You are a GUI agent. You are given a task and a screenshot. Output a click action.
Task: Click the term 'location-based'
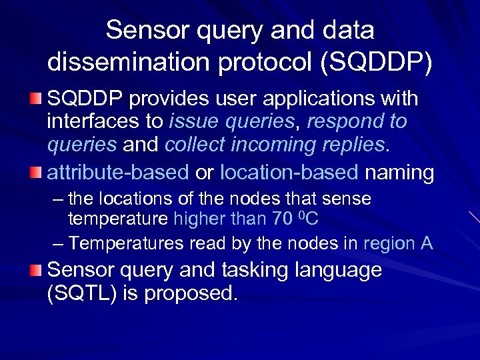coord(289,173)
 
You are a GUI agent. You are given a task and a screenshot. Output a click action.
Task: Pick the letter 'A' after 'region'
coord(427,243)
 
